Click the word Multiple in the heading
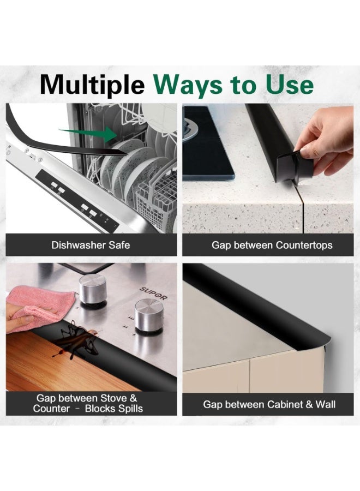coord(92,85)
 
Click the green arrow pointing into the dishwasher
coord(88,134)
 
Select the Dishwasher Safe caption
coord(91,245)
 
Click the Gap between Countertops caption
coord(272,245)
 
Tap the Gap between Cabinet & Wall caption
coord(269,404)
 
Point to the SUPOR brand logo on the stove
coord(153,294)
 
